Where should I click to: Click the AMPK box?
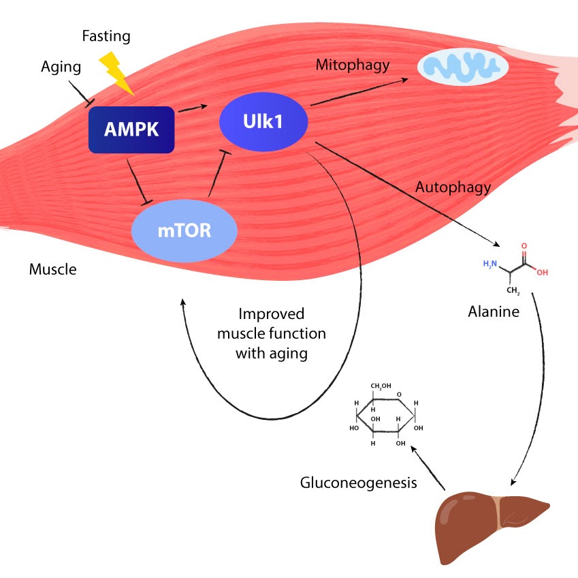pos(131,129)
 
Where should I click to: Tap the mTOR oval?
pos(184,230)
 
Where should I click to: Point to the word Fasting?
pos(106,35)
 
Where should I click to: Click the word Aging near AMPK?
pos(61,67)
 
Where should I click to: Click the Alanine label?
pos(493,312)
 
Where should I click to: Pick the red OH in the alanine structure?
pos(542,272)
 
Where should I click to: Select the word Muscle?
pos(52,269)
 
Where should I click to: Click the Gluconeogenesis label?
pos(358,483)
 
